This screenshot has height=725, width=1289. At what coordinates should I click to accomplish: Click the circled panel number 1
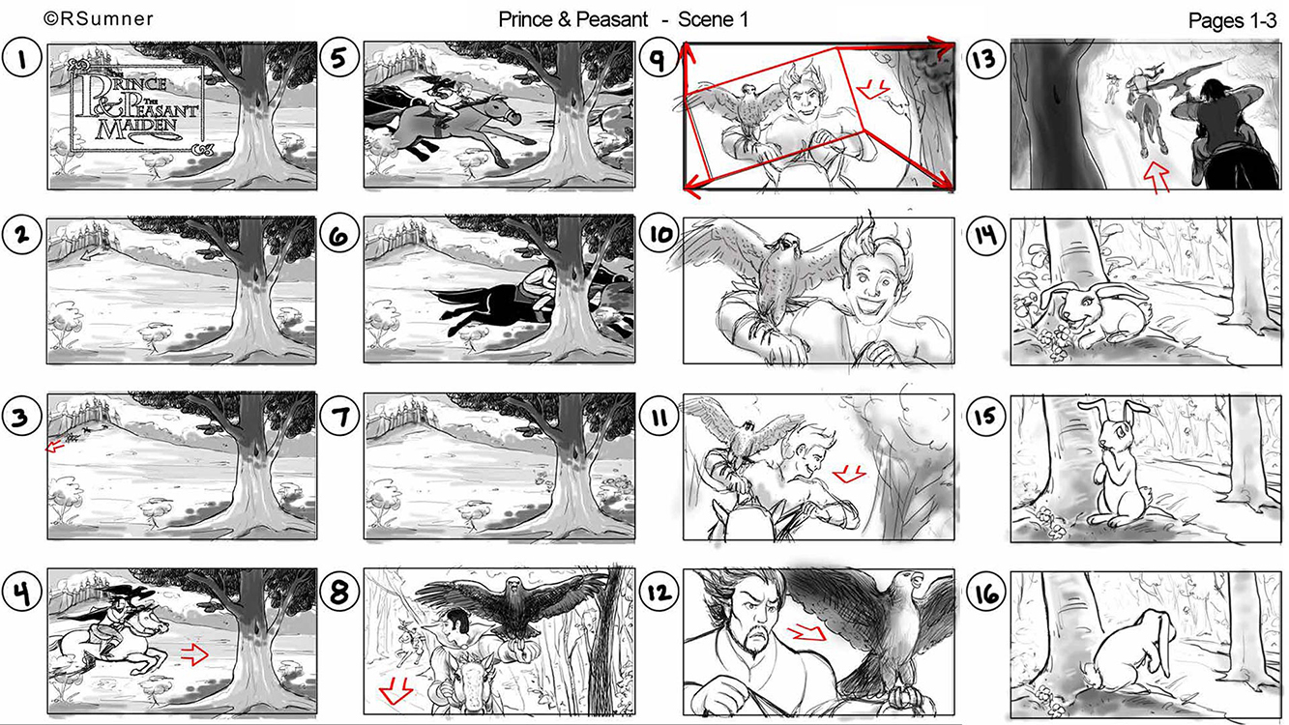(x=22, y=58)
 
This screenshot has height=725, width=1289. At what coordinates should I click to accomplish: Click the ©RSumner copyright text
(x=99, y=19)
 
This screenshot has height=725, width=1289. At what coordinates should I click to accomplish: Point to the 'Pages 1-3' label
(x=1232, y=21)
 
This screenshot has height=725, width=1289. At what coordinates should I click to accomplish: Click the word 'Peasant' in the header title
(x=612, y=19)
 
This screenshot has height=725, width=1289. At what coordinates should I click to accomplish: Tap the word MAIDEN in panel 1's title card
(x=137, y=128)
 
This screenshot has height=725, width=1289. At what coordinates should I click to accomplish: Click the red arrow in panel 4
(x=194, y=653)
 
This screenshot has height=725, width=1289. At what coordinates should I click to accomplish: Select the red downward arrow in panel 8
(x=395, y=689)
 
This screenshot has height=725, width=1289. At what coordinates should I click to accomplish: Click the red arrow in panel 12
(x=806, y=632)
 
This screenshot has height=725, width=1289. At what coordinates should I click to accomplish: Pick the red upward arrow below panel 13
(x=1157, y=177)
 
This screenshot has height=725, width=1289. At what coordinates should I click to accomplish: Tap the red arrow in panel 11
(x=849, y=474)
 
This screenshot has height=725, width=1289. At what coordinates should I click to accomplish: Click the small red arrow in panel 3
(x=55, y=447)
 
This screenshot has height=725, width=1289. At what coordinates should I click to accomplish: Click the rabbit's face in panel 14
(x=1076, y=310)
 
